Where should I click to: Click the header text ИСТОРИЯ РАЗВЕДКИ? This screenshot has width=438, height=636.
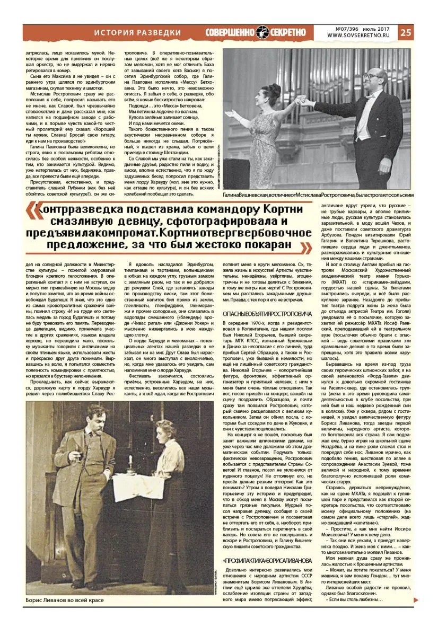click(x=137, y=33)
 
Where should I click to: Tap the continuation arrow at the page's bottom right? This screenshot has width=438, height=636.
click(x=416, y=600)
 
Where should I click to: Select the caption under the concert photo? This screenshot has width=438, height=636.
click(x=318, y=195)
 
